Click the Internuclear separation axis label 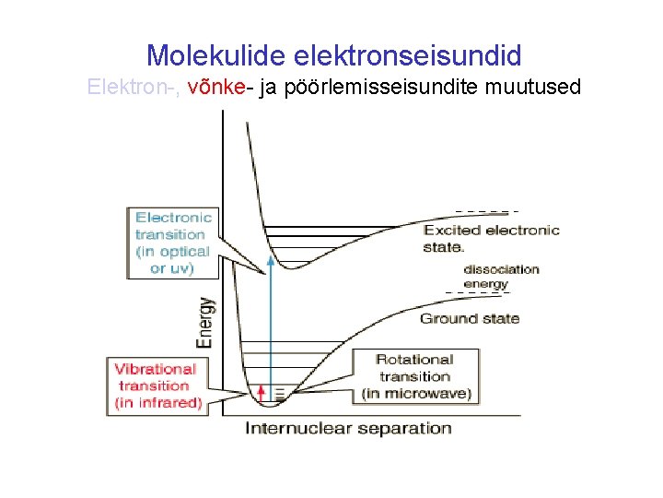pyautogui.click(x=348, y=428)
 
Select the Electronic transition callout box pyautogui.click(x=173, y=243)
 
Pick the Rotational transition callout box pyautogui.click(x=415, y=376)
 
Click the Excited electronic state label pyautogui.click(x=491, y=238)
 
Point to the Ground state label pyautogui.click(x=470, y=318)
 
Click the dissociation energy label pyautogui.click(x=500, y=277)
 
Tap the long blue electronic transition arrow pyautogui.click(x=271, y=323)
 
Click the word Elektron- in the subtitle pyautogui.click(x=133, y=89)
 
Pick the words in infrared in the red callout pyautogui.click(x=157, y=403)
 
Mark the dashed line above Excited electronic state pyautogui.click(x=487, y=210)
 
